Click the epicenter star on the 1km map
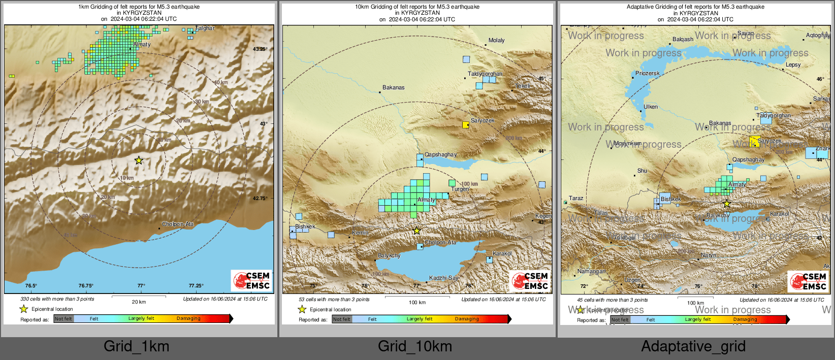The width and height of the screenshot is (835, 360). pos(139,160)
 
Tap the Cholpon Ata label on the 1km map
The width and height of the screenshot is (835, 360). pos(178,224)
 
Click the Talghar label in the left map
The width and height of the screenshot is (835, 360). pos(205,28)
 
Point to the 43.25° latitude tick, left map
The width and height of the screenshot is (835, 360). pos(260,49)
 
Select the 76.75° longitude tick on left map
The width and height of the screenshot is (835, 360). pos(86,286)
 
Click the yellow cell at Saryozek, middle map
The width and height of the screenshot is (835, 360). pos(466,124)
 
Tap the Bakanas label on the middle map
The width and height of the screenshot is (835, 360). pos(394,88)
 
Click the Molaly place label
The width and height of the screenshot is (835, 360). pos(496,41)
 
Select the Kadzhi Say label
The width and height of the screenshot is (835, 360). pos(443,278)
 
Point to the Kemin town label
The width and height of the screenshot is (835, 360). pos(360,233)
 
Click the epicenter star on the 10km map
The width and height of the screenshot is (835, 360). pos(416,231)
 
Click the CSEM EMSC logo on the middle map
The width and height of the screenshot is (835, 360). pos(530,281)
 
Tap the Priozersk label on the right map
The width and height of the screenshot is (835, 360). pos(647,74)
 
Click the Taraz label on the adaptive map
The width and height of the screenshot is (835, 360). pos(576,199)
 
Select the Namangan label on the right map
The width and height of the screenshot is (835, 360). pos(591,272)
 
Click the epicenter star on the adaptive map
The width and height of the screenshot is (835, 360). pos(726,204)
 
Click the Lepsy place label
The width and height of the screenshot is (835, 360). pos(793,65)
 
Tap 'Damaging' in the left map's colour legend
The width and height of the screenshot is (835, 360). pos(188,319)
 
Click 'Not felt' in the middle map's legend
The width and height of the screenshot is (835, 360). pos(342,319)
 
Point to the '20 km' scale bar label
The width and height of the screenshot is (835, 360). pos(139,302)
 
